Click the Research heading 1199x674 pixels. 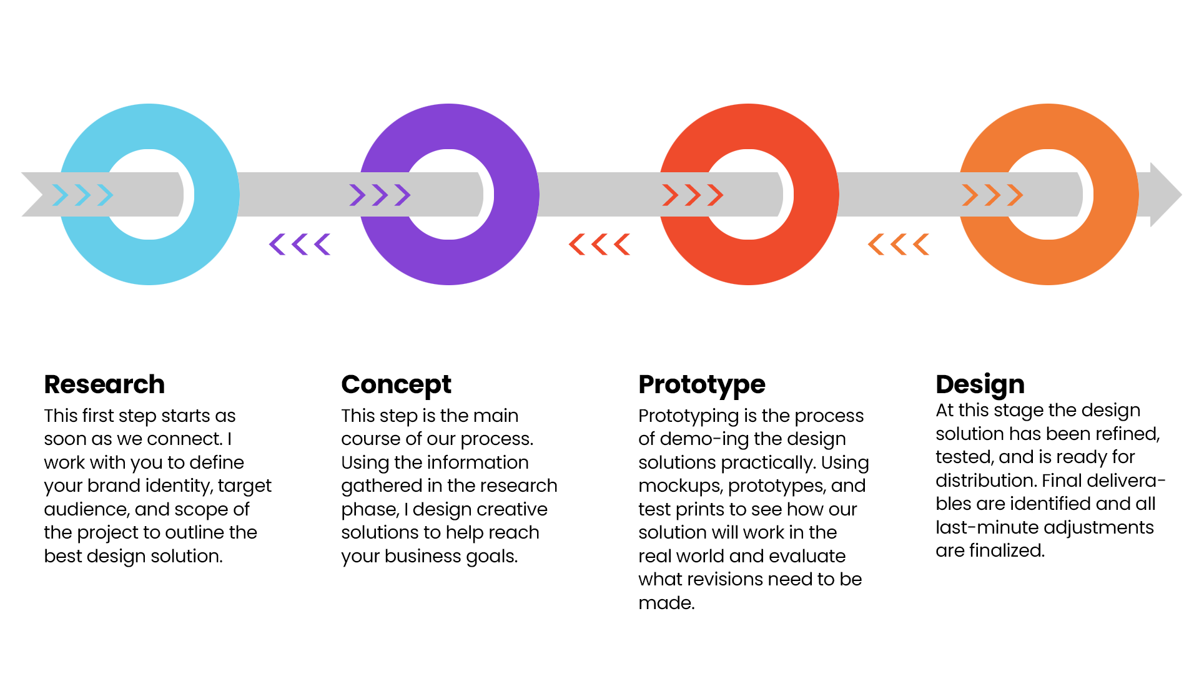pos(104,384)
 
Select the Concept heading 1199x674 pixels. pos(396,384)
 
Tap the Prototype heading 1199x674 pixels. pos(701,384)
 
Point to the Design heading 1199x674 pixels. pos(980,384)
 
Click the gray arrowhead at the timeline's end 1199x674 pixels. pos(1165,195)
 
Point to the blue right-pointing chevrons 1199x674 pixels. pos(83,195)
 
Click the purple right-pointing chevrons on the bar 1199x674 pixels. pos(380,195)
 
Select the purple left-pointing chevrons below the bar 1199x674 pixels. pos(300,244)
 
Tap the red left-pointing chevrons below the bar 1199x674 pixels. pos(599,244)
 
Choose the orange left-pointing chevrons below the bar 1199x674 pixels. pos(899,244)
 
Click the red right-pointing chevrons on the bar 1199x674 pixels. pos(693,195)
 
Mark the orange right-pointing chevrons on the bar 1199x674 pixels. pos(992,195)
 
